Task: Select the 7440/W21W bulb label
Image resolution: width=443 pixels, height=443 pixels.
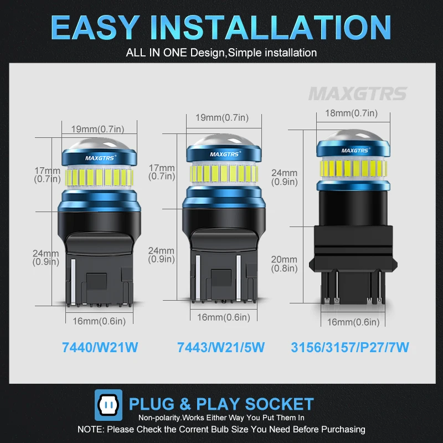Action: (x=100, y=348)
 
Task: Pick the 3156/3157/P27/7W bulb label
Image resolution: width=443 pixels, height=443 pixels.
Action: (x=349, y=348)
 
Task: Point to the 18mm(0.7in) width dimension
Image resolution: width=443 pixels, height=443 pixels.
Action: (x=350, y=114)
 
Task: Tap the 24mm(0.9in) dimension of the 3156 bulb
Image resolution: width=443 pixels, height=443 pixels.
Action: (x=284, y=177)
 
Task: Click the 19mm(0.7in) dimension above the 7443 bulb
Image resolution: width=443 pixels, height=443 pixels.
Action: (x=221, y=117)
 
